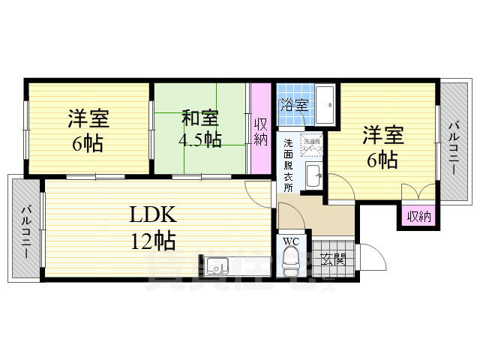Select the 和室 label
point(200,118)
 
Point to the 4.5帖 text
point(199,139)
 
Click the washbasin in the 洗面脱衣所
point(313,178)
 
